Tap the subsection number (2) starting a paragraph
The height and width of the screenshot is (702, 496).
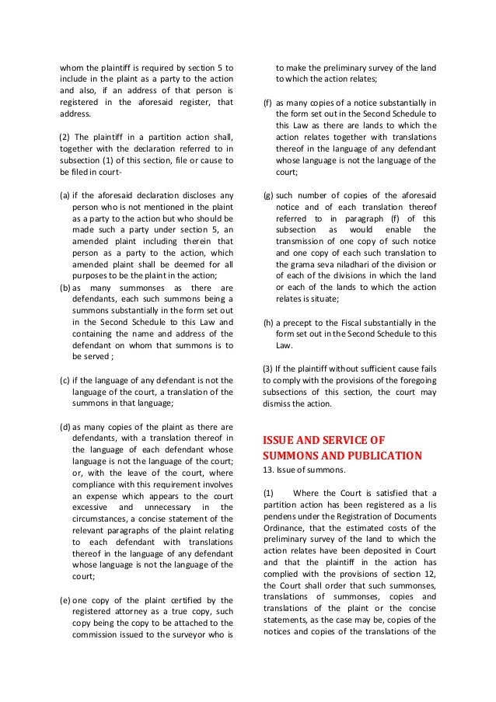65,137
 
